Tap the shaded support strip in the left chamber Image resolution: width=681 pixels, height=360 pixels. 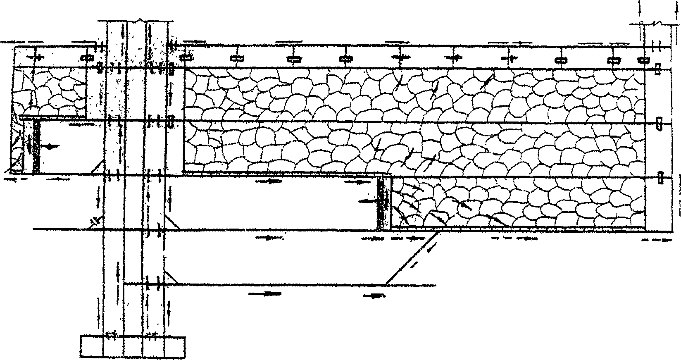click(36, 146)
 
